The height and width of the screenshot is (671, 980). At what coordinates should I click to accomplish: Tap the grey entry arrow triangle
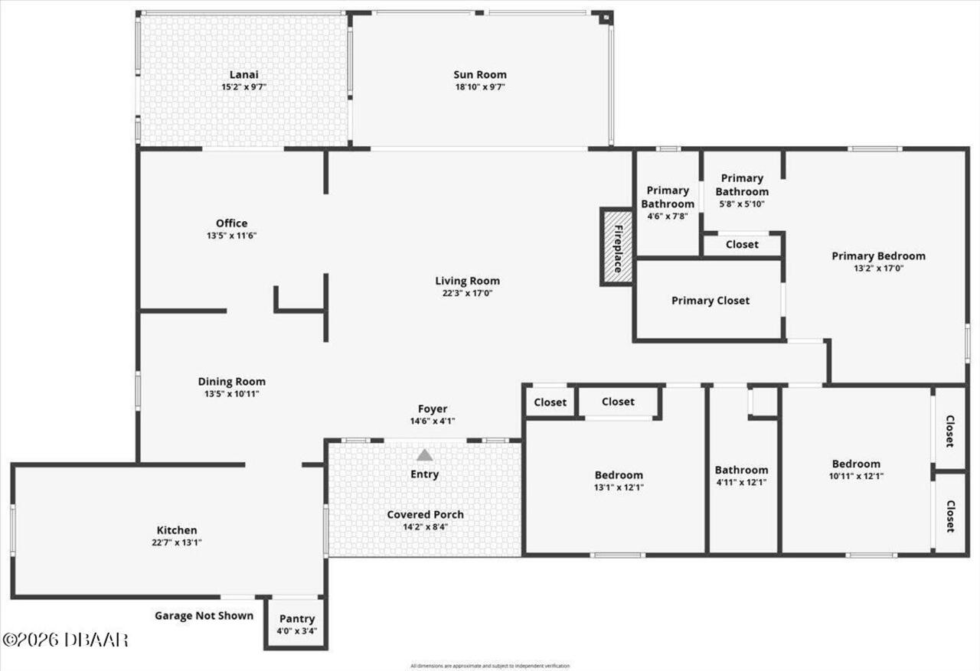coord(424,455)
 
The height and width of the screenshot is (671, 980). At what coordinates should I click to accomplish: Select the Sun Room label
coord(480,74)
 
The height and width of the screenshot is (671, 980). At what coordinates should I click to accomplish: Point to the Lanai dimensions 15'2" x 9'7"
coord(243,87)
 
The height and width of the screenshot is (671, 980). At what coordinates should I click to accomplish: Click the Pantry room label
coord(296,619)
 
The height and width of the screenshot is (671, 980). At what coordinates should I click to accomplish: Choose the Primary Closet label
coord(710,301)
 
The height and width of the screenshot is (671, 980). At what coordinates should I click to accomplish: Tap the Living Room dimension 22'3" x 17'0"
coord(467,294)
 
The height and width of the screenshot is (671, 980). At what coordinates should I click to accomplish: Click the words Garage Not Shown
coord(204,615)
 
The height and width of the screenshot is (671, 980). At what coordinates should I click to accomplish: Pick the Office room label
coord(231,223)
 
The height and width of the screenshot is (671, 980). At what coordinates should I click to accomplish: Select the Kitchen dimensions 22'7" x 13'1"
coord(177,542)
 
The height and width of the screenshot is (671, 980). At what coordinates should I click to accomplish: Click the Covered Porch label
coord(425,514)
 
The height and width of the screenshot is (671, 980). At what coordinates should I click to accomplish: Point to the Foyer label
coord(433,409)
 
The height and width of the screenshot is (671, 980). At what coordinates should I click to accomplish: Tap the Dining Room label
coord(231,382)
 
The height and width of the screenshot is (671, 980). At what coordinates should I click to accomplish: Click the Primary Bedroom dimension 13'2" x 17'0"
coord(878,269)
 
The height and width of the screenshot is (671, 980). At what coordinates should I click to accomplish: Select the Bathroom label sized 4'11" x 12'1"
coord(741,470)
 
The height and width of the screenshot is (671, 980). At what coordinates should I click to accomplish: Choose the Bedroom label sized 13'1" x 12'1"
coord(619,474)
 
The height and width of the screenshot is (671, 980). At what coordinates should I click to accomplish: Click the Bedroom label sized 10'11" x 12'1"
coord(856,464)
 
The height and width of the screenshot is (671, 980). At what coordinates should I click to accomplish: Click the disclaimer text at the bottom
coord(490,666)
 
